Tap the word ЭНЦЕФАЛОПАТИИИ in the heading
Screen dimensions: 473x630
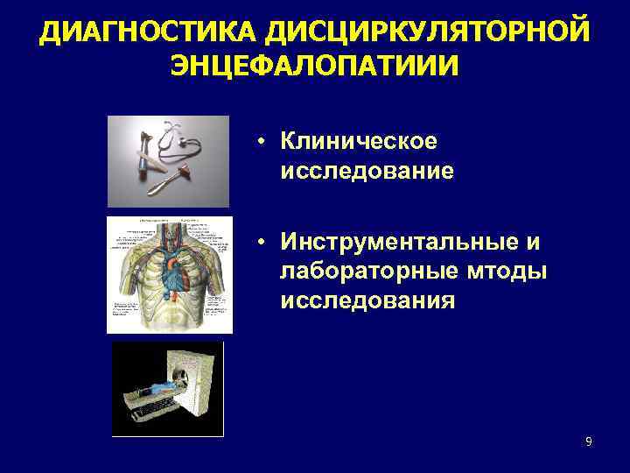pyautogui.click(x=314, y=67)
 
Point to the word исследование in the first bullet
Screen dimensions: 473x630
pyautogui.click(x=367, y=170)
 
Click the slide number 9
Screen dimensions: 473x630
pyautogui.click(x=589, y=441)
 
